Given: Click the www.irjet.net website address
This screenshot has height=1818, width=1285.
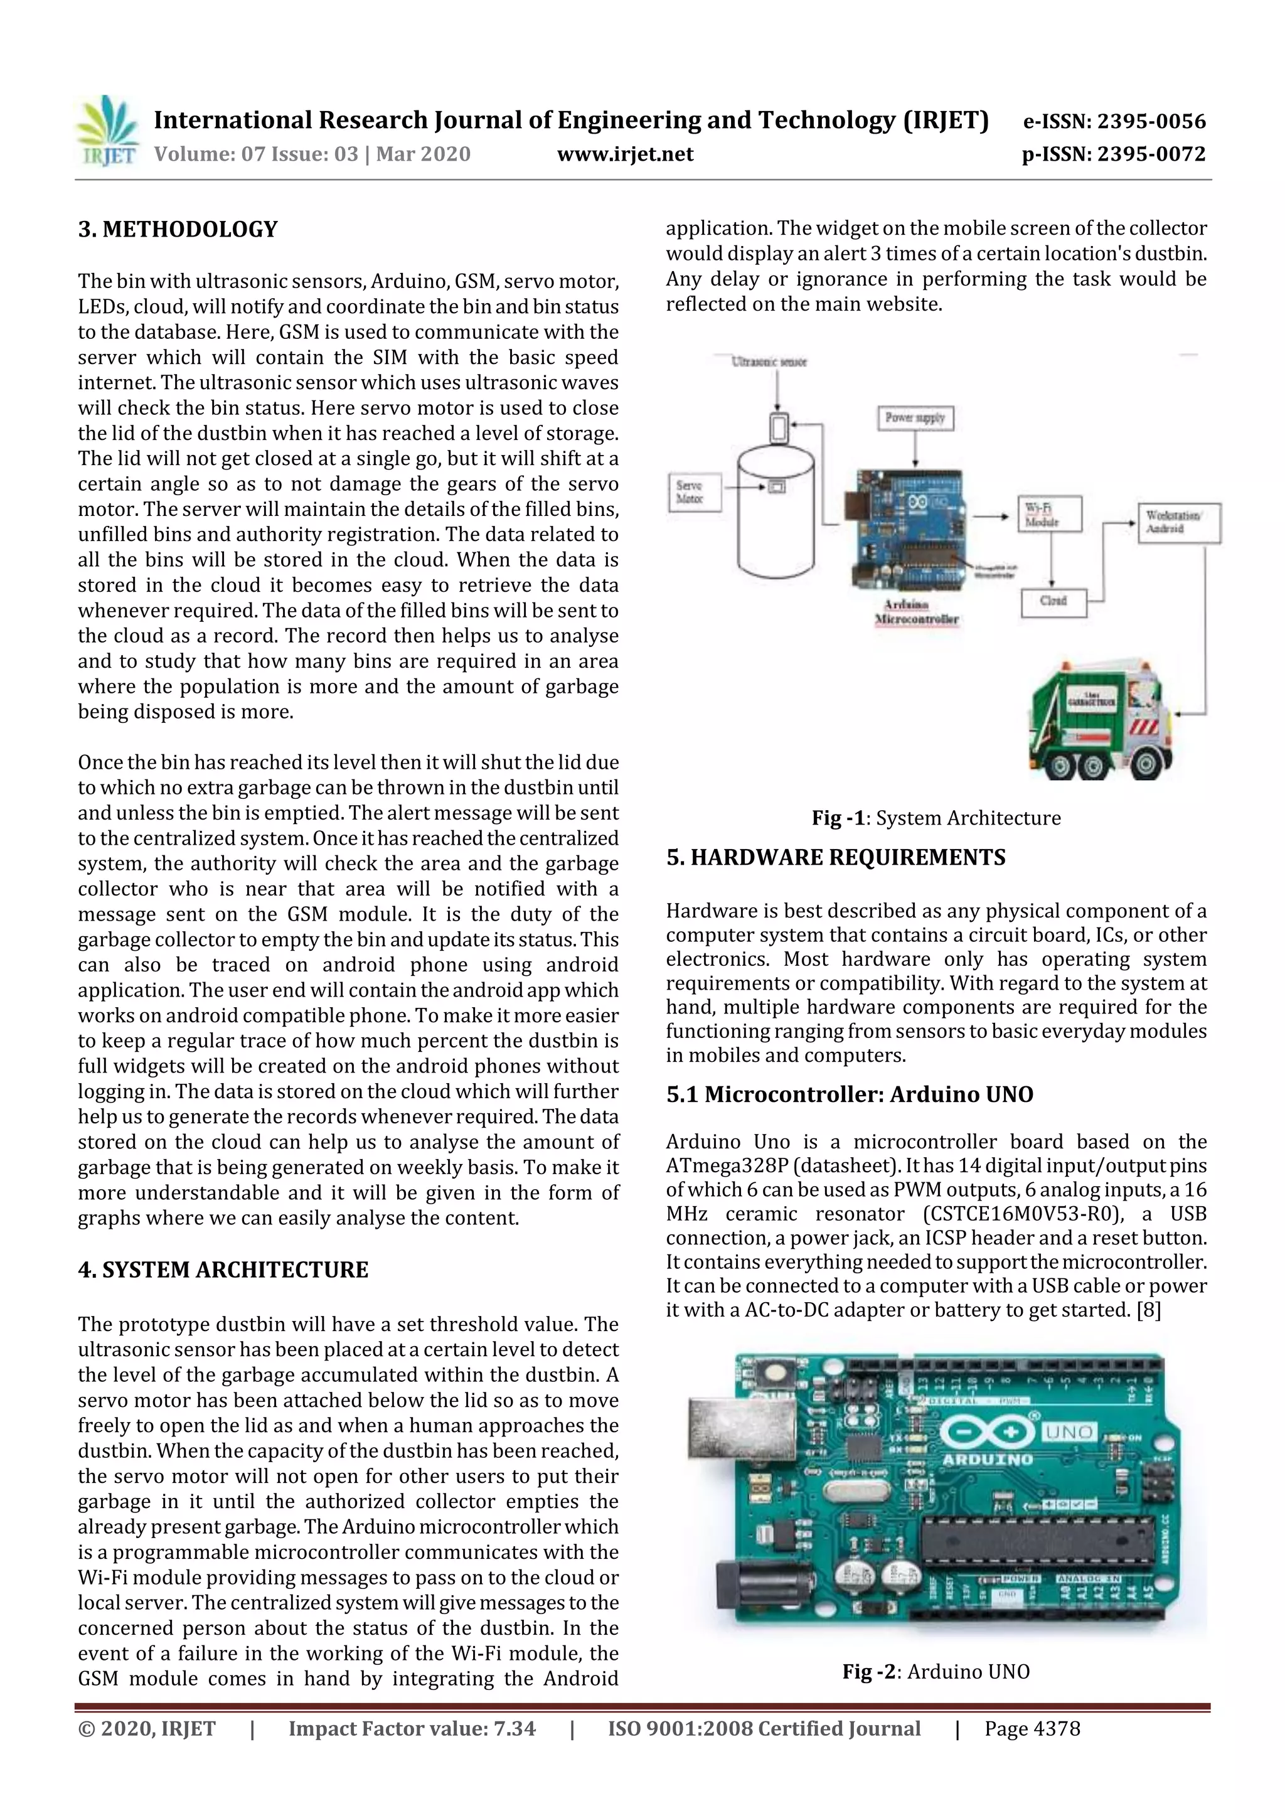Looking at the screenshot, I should click(x=625, y=154).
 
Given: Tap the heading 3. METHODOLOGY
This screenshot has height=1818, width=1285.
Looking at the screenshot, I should click(x=178, y=230).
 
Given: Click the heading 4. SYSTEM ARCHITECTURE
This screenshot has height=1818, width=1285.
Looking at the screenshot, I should click(x=223, y=1270).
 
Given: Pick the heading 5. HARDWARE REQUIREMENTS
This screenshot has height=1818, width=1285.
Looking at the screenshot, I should click(x=835, y=857).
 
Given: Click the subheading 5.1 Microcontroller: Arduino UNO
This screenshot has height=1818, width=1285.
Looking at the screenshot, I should click(x=849, y=1094).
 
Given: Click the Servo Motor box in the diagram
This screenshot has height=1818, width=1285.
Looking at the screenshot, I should click(x=693, y=492).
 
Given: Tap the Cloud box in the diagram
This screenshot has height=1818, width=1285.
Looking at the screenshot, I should click(x=1053, y=601).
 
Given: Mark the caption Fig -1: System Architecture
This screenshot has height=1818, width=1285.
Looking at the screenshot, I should click(x=936, y=818).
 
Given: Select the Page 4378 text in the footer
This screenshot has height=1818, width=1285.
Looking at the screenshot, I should click(x=1032, y=1728).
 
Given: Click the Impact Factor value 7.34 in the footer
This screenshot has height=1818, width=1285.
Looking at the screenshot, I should click(x=412, y=1728).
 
